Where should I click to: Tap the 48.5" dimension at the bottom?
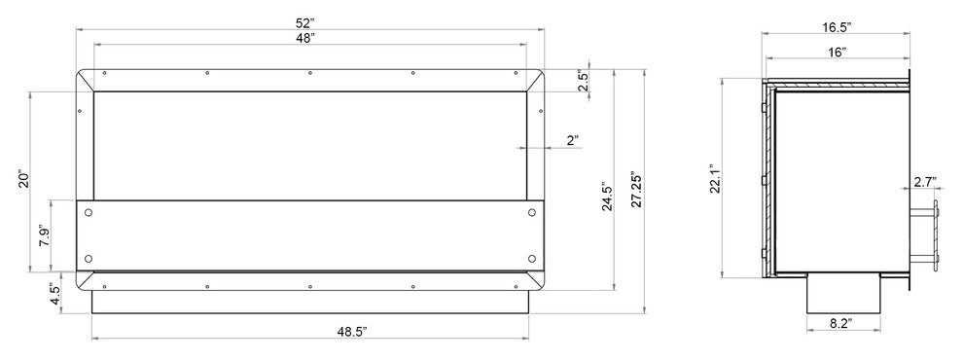pyautogui.click(x=352, y=332)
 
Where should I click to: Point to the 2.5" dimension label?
pyautogui.click(x=584, y=83)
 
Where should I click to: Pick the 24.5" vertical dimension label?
pyautogui.click(x=607, y=197)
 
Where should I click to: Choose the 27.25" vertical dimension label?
pyautogui.click(x=636, y=189)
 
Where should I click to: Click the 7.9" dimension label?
pyautogui.click(x=44, y=235)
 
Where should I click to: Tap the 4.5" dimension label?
pyautogui.click(x=54, y=295)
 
